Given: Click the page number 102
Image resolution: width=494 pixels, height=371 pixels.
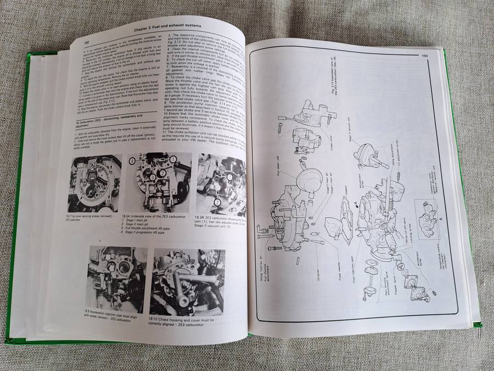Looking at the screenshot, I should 87,41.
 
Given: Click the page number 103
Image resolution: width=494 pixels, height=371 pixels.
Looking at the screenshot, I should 423,55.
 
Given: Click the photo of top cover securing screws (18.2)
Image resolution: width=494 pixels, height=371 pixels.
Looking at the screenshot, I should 94,183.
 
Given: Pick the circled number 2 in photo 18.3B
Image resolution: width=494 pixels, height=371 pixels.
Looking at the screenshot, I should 217,202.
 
